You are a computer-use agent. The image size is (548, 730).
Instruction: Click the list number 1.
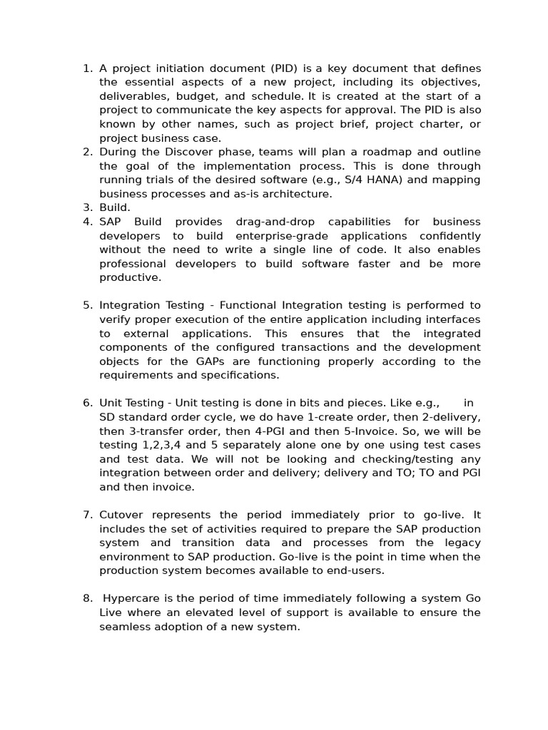pyautogui.click(x=87, y=68)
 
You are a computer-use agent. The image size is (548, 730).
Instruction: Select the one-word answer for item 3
pyautogui.click(x=114, y=207)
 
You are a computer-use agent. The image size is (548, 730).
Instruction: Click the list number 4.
pyautogui.click(x=87, y=222)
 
